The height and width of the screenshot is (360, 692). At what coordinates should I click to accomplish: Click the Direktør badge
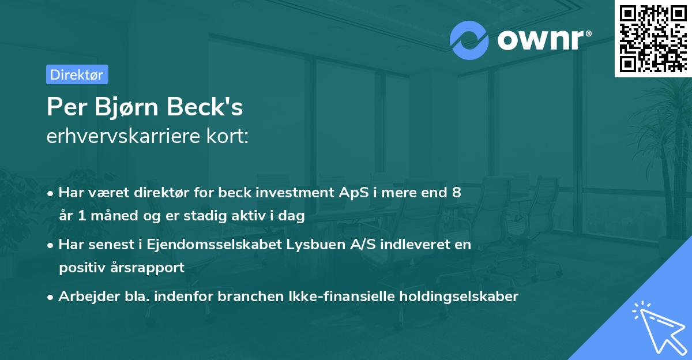[77, 74]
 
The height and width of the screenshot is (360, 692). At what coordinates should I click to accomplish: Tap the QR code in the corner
[652, 38]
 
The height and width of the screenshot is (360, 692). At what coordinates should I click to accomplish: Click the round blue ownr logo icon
[469, 40]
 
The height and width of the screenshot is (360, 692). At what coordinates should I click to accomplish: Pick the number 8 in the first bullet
[456, 193]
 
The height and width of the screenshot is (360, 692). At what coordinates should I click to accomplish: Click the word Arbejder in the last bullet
[85, 297]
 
